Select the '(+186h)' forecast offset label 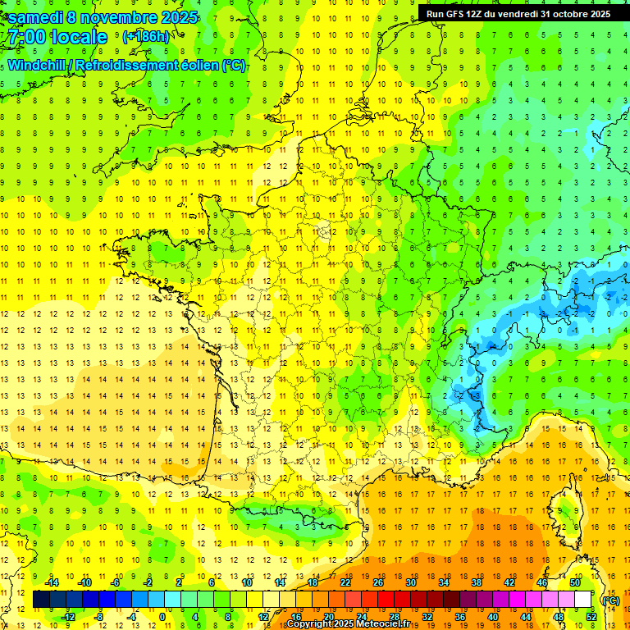pos(146,37)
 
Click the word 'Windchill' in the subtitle pos(39,66)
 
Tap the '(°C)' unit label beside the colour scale pos(610,600)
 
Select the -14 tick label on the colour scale pos(52,582)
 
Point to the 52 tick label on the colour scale pos(591,617)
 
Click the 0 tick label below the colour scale pos(162,617)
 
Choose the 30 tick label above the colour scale pos(411,582)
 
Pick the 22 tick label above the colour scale pos(345,582)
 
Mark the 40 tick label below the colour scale pos(493,617)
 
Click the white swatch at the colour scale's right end pos(583,600)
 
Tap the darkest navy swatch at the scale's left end pos(41,600)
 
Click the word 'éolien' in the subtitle pos(194,66)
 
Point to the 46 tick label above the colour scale pos(542,582)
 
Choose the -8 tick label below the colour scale pos(99,617)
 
